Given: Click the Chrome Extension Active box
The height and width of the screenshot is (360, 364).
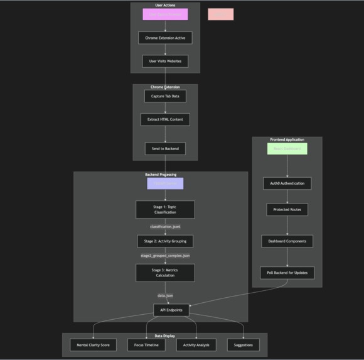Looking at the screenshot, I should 165,38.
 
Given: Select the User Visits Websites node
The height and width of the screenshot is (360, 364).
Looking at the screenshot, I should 165,61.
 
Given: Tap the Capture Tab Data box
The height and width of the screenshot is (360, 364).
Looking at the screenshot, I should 165,96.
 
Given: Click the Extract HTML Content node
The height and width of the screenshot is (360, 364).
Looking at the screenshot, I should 165,119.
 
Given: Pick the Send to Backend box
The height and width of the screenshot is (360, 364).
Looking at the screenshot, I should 165,149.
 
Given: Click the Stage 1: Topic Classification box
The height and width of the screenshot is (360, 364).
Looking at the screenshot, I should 165,209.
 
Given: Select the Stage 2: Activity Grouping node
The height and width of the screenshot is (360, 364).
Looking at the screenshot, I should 165,241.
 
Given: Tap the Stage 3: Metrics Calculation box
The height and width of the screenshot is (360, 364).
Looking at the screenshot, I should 165,272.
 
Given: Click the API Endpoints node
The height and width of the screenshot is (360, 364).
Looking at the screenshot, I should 171,310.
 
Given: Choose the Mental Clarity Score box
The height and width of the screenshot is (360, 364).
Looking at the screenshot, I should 93,345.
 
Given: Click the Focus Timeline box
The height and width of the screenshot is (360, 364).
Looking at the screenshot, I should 147,345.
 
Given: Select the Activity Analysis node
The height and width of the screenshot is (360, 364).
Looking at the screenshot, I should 196,345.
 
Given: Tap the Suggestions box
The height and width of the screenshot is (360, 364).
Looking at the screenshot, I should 243,345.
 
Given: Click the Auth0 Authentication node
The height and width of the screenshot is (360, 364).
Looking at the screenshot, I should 287,183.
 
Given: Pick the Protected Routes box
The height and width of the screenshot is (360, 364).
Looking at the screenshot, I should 287,209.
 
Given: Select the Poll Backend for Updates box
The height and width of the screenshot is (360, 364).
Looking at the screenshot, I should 287,273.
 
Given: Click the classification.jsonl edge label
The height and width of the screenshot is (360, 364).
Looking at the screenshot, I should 165,226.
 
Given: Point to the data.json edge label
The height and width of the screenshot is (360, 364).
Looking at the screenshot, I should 165,295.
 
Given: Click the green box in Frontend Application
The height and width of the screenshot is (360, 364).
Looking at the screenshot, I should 287,149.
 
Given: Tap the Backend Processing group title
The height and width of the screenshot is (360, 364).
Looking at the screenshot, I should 161,175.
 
